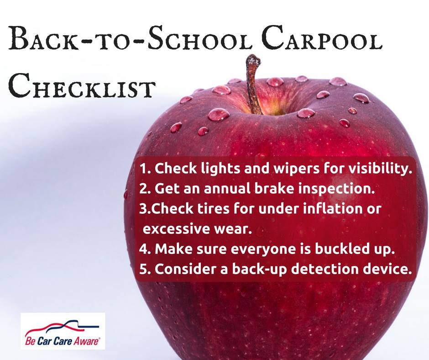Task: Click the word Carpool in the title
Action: pos(321,38)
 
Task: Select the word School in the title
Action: pos(199,38)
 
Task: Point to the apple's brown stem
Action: pos(254,84)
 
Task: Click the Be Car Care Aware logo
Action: pos(63,331)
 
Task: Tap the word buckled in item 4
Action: pos(342,249)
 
